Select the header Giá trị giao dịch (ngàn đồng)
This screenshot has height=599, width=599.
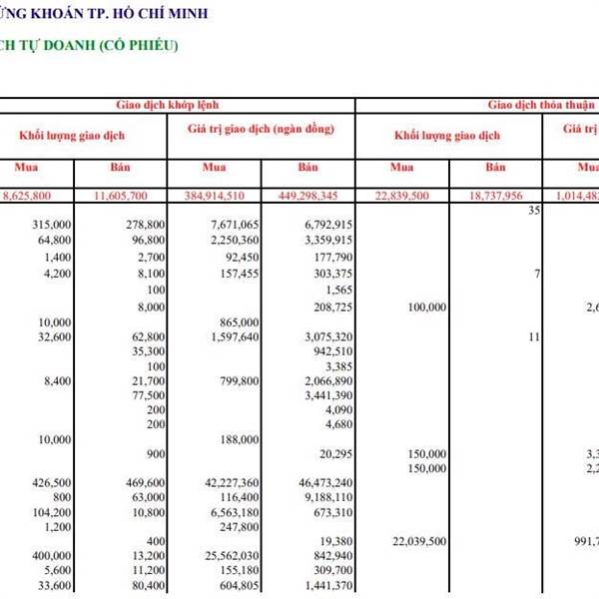pos(261,130)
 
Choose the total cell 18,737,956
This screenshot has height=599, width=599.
pos(510,194)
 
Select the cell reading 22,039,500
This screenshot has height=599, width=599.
pos(418,540)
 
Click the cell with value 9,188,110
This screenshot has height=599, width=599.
pos(326,497)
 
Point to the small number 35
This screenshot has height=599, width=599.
pos(534,211)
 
